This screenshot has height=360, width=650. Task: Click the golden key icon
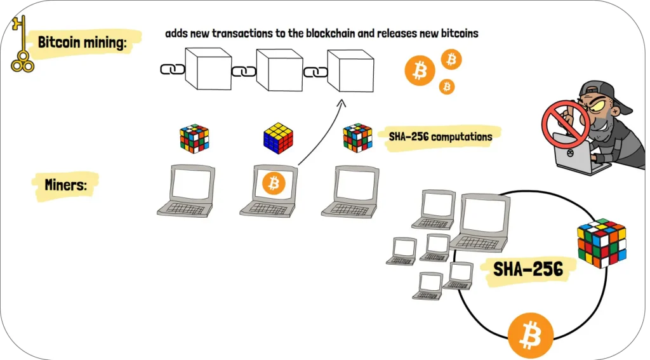(x=23, y=43)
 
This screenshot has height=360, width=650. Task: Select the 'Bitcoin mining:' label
(x=83, y=43)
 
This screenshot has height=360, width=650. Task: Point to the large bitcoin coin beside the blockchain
(x=420, y=70)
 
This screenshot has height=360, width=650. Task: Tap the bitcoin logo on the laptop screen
(x=274, y=184)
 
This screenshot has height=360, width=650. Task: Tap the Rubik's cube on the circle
(x=600, y=243)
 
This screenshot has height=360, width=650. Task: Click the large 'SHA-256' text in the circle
(x=528, y=269)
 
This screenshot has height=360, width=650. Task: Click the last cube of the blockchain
(x=349, y=70)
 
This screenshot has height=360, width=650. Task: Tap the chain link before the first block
(x=169, y=69)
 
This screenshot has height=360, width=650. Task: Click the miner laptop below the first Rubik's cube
(x=187, y=190)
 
